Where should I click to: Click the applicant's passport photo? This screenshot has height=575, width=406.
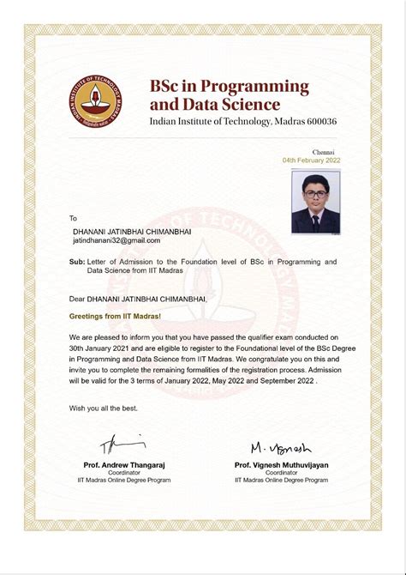coord(315,203)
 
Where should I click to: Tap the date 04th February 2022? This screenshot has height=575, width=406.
coord(311,160)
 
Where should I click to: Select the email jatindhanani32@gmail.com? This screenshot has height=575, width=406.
coord(116,241)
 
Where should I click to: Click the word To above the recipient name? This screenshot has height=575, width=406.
coord(73,218)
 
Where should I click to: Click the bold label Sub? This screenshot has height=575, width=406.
coord(77,261)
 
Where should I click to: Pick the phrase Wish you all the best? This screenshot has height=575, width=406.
coord(104,408)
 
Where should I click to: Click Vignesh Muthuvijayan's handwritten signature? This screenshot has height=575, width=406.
coord(281,448)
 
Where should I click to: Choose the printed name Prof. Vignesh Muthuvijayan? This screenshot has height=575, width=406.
coord(281,464)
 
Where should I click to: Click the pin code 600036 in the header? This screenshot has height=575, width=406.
coord(318,121)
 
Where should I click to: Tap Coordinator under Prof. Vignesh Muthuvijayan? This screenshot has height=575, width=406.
coord(281,473)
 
